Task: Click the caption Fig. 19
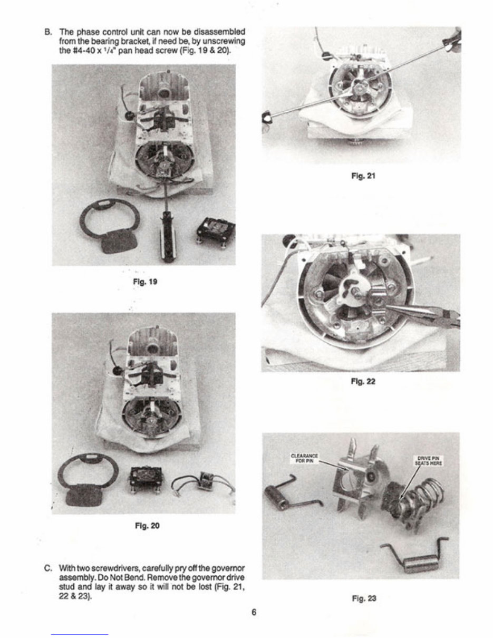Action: pos(145,282)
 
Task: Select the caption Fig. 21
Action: pos(363,176)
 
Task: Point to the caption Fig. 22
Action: pos(363,381)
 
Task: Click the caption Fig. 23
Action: pos(364,598)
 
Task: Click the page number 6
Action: pos(254,612)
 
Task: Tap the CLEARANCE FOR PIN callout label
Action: pos(304,458)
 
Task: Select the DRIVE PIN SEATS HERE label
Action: pos(428,461)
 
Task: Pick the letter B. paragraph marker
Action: pos(48,32)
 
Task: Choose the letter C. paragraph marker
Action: pos(48,568)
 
